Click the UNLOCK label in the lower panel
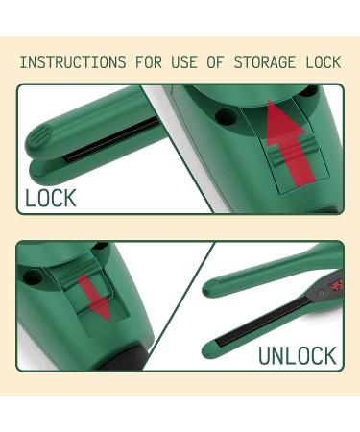point(298,355)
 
